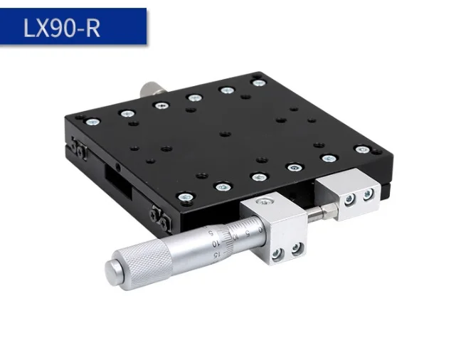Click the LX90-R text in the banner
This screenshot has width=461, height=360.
pyautogui.click(x=62, y=27)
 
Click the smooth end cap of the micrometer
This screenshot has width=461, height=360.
pyautogui.click(x=114, y=272)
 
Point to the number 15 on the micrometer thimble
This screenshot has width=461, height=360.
pyautogui.click(x=216, y=254)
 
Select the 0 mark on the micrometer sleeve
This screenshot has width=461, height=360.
pyautogui.click(x=260, y=229)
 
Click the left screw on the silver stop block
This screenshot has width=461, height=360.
pyautogui.click(x=350, y=200)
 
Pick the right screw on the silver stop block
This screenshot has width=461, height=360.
pyautogui.click(x=368, y=194)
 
